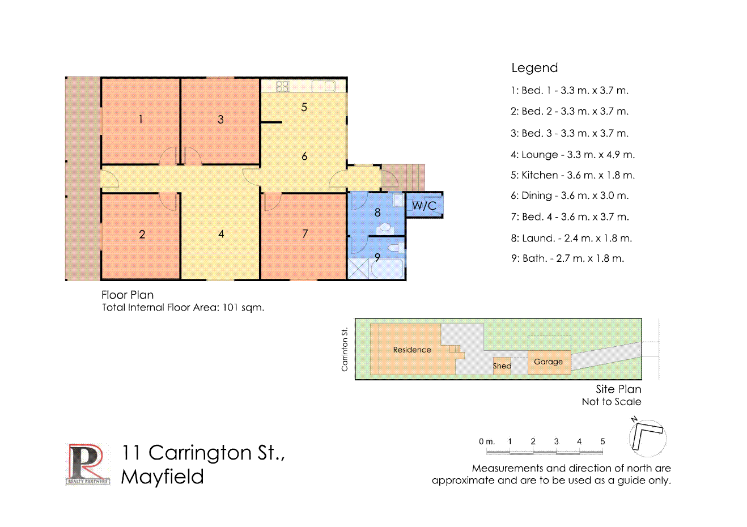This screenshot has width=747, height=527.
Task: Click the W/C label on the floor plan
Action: (x=424, y=205)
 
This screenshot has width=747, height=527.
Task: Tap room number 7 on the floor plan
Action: (x=305, y=233)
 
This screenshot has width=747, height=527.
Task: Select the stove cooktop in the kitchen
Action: (x=282, y=87)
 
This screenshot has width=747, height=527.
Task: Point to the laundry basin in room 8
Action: (x=385, y=228)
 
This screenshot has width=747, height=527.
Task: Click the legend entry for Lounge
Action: (x=572, y=155)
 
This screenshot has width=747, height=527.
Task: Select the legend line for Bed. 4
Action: (x=570, y=216)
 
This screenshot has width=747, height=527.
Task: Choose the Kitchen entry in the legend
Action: (x=572, y=175)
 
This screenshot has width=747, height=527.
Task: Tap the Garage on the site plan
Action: (x=549, y=362)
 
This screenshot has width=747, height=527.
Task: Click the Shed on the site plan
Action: (x=502, y=366)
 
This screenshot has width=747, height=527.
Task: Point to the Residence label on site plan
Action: (x=412, y=350)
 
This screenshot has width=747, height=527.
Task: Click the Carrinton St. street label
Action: (x=345, y=349)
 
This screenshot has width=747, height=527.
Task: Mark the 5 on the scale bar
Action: (x=602, y=441)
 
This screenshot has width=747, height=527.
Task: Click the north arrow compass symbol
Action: (x=647, y=437)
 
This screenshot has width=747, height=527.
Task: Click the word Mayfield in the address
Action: (x=163, y=477)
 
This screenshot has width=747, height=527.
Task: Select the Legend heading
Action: (x=534, y=68)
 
